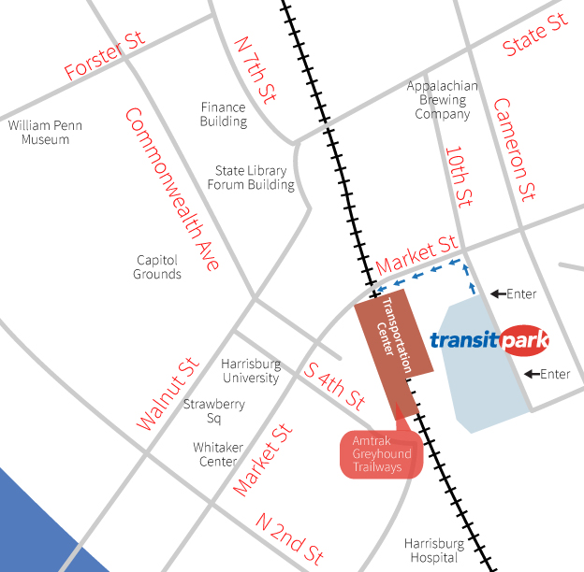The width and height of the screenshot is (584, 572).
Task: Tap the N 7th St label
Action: (x=255, y=69)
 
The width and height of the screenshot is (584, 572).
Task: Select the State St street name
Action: (x=534, y=35)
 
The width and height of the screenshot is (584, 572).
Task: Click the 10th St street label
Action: (x=458, y=175)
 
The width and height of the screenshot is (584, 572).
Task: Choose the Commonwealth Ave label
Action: (x=172, y=190)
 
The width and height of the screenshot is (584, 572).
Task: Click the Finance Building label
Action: (x=224, y=114)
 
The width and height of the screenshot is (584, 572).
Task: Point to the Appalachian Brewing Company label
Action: (x=443, y=100)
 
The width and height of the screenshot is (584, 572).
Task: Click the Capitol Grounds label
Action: (x=157, y=267)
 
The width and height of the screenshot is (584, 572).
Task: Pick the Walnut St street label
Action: (x=168, y=393)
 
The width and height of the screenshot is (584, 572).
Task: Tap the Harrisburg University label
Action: (x=250, y=371)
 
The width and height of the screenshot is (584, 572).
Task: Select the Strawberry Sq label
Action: (x=213, y=411)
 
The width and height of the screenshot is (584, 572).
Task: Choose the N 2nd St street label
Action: (x=290, y=536)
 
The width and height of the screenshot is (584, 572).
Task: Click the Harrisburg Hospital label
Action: (x=434, y=551)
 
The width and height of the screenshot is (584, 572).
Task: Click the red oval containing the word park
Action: (x=524, y=340)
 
